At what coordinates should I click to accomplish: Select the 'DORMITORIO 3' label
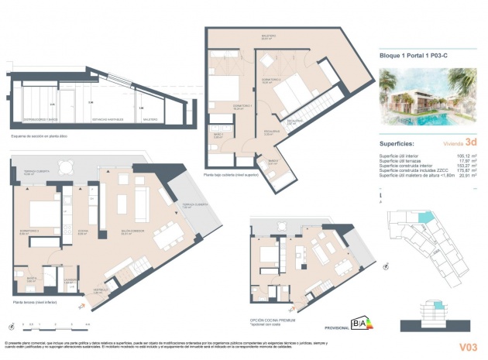pyautogui.click(x=29, y=230)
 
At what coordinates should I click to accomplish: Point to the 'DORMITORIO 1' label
pyautogui.click(x=243, y=106)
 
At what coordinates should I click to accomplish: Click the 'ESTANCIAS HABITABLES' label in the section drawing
pyautogui.click(x=108, y=119)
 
